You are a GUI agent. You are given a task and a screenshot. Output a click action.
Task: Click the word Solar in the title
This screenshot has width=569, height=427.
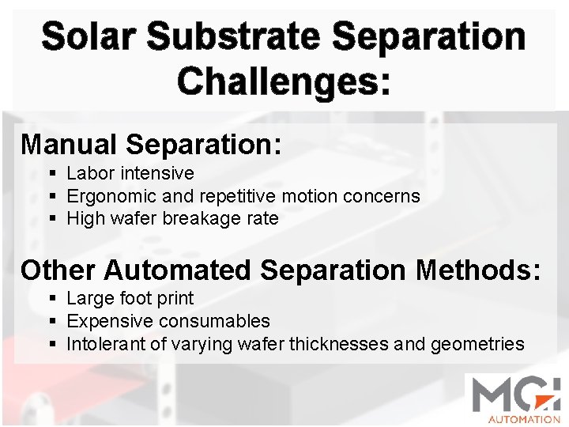click(x=88, y=37)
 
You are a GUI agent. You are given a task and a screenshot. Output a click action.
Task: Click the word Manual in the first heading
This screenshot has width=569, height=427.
click(x=68, y=144)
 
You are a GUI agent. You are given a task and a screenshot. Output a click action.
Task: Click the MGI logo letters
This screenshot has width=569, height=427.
click(x=514, y=395)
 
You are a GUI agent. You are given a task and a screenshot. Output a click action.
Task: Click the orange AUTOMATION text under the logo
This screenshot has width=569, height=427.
click(x=523, y=419)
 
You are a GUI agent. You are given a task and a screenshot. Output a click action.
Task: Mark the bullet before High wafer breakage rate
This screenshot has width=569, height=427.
click(x=52, y=219)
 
